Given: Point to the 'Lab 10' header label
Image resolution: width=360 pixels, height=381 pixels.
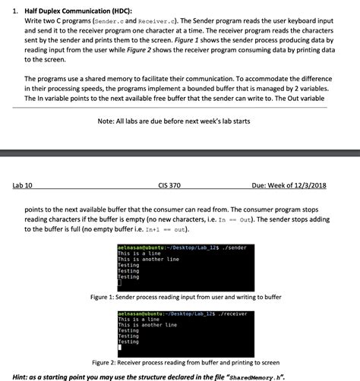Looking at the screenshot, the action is [22, 184].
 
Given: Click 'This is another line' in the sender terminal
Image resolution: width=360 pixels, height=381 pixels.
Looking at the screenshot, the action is [148, 260].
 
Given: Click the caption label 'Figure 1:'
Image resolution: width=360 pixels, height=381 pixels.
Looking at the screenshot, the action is [105, 297].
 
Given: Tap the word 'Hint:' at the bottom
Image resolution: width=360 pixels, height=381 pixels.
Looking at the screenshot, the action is [24, 376].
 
